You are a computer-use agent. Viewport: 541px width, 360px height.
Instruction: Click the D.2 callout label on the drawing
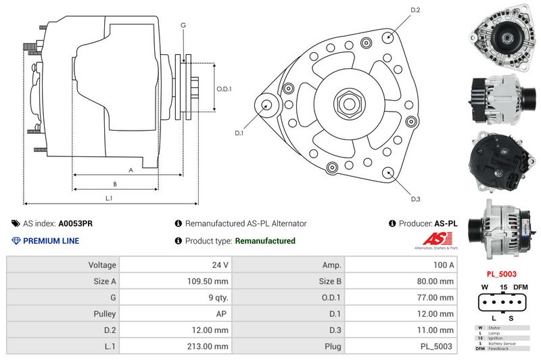click(x=415, y=10)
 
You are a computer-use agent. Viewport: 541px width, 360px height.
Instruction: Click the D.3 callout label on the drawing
click(x=415, y=198)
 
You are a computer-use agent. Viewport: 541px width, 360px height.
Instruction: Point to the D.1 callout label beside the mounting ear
click(x=239, y=133)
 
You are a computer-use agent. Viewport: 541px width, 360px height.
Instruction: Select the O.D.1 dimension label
click(x=225, y=89)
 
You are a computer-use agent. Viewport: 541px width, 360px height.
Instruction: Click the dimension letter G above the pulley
click(x=183, y=25)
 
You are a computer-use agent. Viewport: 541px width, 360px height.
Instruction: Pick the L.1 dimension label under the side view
click(x=109, y=198)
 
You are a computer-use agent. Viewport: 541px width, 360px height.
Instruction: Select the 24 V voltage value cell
click(x=220, y=265)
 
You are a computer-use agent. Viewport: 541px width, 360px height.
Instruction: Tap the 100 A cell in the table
click(x=443, y=265)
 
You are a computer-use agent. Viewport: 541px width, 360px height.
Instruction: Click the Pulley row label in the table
click(x=105, y=313)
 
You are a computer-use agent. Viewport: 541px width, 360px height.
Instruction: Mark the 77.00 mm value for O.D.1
click(x=437, y=297)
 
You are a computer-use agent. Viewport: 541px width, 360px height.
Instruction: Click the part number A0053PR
click(x=76, y=223)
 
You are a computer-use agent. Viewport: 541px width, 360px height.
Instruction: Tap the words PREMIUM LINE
click(x=51, y=241)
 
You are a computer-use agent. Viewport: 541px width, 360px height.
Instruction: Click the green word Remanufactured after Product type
click(x=264, y=241)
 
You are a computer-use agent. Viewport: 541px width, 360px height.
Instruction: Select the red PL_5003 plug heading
click(x=502, y=274)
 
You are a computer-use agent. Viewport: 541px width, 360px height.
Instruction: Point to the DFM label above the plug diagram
click(x=521, y=288)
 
